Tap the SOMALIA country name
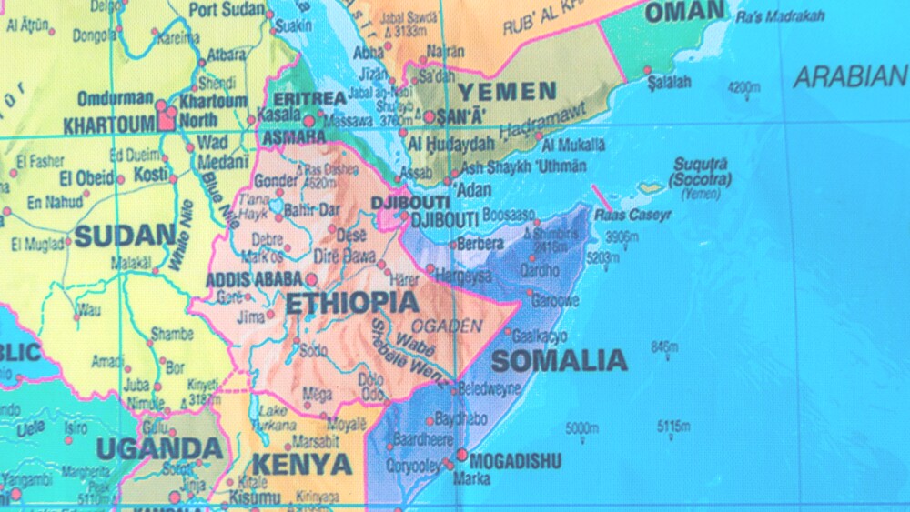[x=559, y=361]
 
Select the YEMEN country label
[x=507, y=92]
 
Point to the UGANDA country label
[x=159, y=448]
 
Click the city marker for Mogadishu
[x=462, y=455]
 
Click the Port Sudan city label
[x=227, y=11]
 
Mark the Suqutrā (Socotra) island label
[x=702, y=172]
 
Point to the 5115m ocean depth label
[x=673, y=426]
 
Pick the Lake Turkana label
[x=276, y=417]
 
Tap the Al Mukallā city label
[x=572, y=144]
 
